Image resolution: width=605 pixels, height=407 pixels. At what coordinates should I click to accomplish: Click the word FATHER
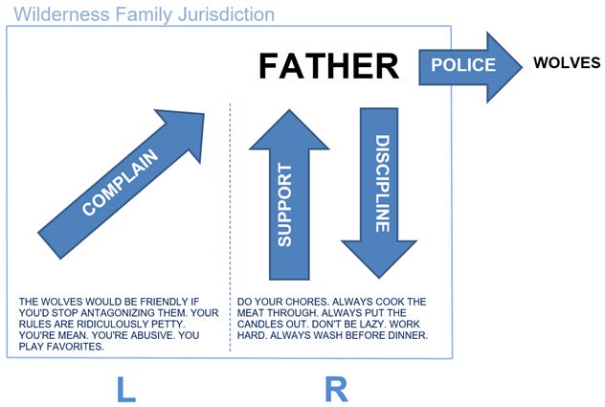click(x=327, y=66)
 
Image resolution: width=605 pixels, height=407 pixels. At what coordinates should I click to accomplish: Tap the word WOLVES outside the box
click(x=567, y=63)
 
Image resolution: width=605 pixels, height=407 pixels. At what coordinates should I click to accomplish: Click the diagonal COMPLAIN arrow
click(x=123, y=179)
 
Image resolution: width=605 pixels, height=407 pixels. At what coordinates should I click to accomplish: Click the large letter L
click(x=124, y=388)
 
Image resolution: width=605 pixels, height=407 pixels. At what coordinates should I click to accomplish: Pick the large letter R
click(x=335, y=388)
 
